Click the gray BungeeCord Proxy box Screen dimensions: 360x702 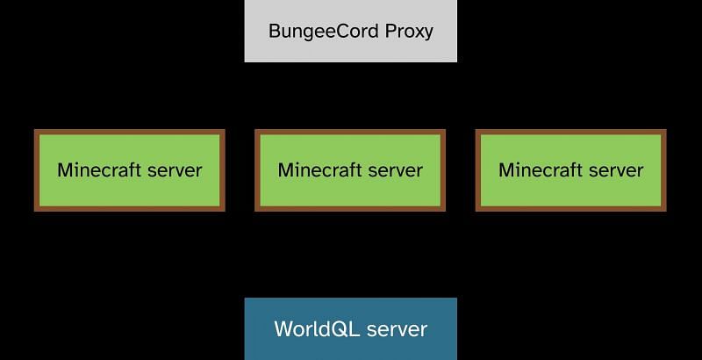(x=350, y=32)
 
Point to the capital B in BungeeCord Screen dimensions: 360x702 (x=275, y=32)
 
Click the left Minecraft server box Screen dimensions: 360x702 (x=130, y=170)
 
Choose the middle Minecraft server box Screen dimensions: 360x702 (x=350, y=170)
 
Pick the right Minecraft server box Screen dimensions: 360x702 (x=570, y=170)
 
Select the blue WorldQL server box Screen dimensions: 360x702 (x=350, y=329)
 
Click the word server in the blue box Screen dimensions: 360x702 (x=397, y=330)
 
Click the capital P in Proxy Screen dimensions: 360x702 (x=390, y=32)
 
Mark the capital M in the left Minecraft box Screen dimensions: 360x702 (x=64, y=170)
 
